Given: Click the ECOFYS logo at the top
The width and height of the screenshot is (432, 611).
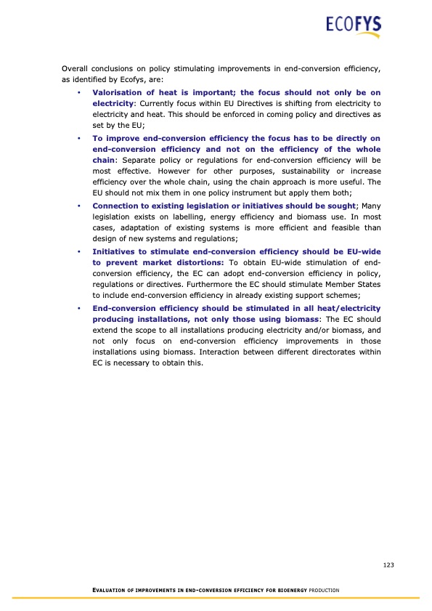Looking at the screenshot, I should pos(353,28).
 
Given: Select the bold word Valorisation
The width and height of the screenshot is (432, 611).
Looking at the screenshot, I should pos(118,92).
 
